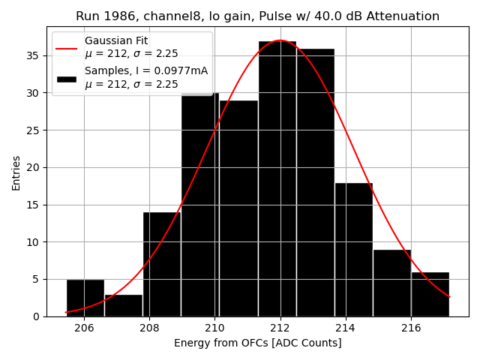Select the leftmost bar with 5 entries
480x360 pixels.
pyautogui.click(x=85, y=298)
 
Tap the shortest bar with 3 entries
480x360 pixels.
pyautogui.click(x=123, y=305)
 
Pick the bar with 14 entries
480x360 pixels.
pyautogui.click(x=161, y=264)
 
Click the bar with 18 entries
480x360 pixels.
pyautogui.click(x=353, y=249)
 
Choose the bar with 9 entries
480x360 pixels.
pyautogui.click(x=391, y=283)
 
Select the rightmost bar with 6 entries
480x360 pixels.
pyautogui.click(x=430, y=294)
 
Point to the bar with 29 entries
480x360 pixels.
pyautogui.click(x=238, y=208)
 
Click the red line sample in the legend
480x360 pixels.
pyautogui.click(x=66, y=47)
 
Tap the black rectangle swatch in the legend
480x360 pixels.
pyautogui.click(x=66, y=78)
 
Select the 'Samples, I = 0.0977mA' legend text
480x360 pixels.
pyautogui.click(x=146, y=71)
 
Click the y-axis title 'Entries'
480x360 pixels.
pyautogui.click(x=16, y=172)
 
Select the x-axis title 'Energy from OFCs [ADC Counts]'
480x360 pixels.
pyautogui.click(x=257, y=343)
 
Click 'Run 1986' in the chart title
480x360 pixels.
pyautogui.click(x=102, y=16)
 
